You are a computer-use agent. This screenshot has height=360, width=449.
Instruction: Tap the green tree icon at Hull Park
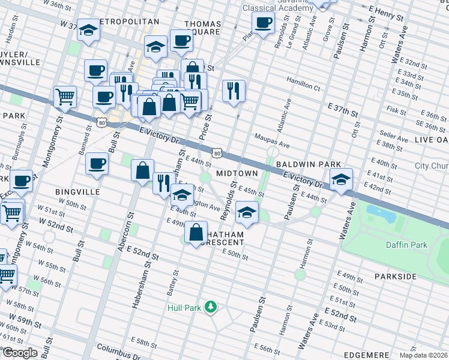point(210,307)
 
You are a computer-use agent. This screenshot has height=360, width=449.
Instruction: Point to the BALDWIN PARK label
point(309,164)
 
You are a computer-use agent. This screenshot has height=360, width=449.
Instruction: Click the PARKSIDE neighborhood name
point(395,277)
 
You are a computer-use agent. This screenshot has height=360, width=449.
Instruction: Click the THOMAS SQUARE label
point(202,28)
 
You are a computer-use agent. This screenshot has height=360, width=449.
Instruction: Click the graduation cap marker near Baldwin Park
point(341,179)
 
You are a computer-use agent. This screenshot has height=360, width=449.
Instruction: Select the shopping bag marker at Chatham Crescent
point(196,232)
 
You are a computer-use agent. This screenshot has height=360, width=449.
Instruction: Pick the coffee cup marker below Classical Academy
point(262,25)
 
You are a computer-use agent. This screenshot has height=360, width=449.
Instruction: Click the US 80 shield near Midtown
point(217,154)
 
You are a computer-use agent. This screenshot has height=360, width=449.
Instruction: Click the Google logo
point(19,353)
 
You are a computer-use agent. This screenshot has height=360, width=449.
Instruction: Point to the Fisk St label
point(397,110)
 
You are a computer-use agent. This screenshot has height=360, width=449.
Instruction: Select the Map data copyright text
point(423,355)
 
